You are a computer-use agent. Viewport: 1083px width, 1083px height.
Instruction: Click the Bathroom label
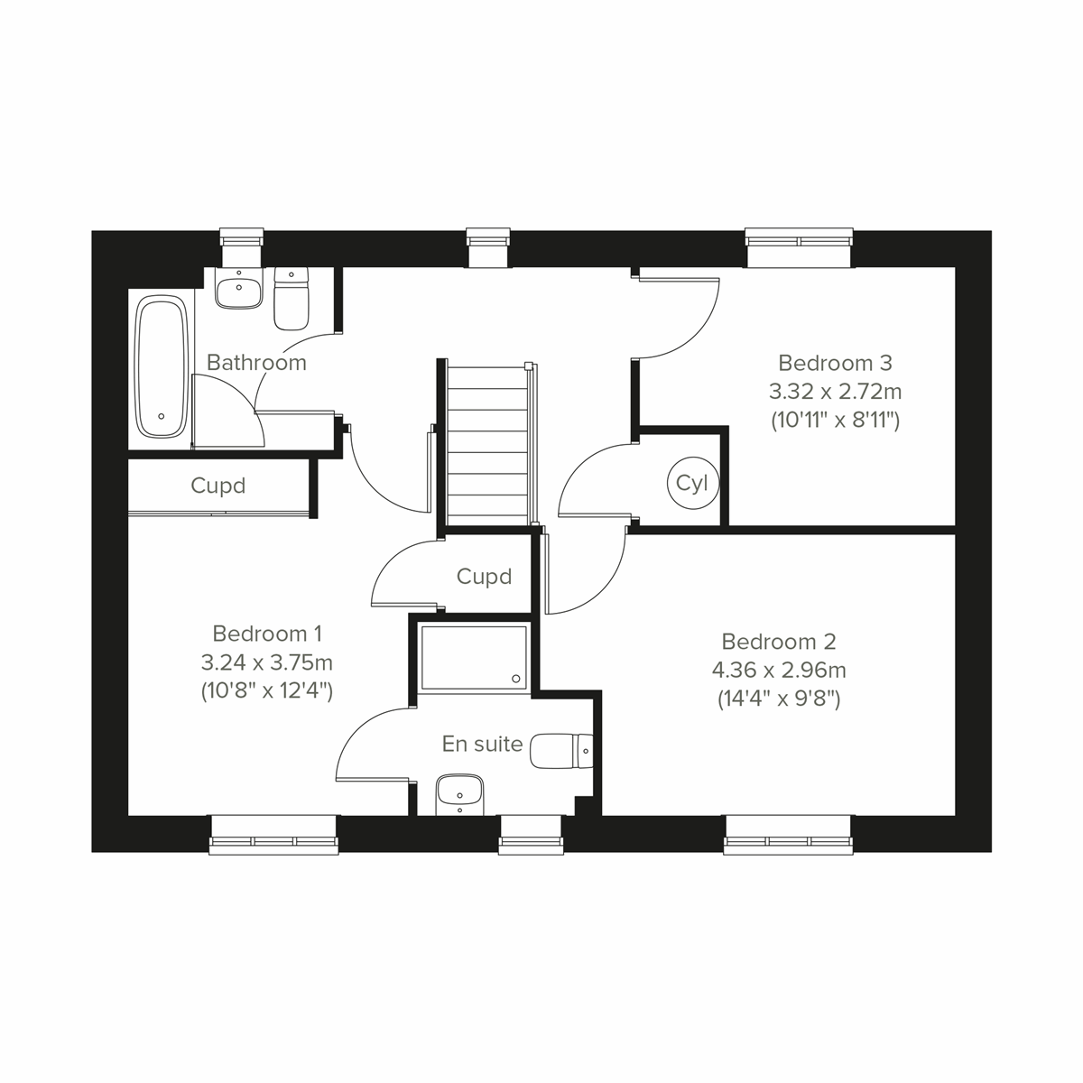pos(256,363)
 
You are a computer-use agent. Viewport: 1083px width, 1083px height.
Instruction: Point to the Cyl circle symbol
pos(692,484)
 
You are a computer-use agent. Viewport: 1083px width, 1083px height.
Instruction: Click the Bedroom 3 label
pos(835,363)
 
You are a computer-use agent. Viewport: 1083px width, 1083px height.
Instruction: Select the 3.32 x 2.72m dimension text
pos(835,392)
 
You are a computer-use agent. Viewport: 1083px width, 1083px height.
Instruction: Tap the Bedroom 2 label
pos(779,642)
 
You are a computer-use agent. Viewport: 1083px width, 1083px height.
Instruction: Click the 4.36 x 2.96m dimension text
pos(779,671)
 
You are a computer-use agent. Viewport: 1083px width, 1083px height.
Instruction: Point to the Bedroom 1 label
pos(267,634)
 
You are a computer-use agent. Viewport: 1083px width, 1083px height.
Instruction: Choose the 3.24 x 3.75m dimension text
pos(267,662)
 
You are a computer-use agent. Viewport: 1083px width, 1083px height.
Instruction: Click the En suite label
pos(482,744)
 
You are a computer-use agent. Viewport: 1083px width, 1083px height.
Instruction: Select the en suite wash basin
pos(460,794)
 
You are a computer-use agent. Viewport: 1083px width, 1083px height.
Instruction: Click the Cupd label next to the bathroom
pos(218,486)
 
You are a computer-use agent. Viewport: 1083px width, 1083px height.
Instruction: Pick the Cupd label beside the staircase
pos(484,577)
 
